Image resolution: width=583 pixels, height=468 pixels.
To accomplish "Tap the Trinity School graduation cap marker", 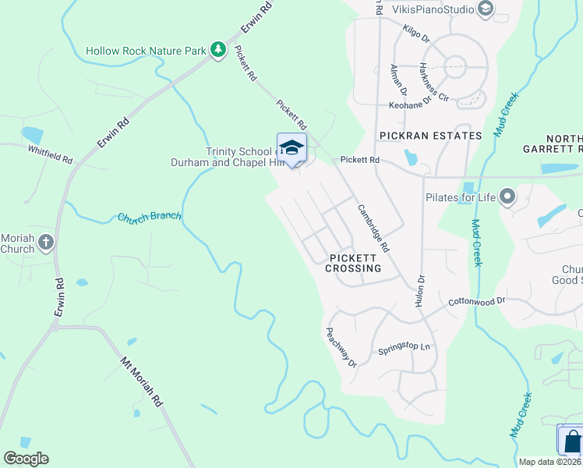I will point(291,147).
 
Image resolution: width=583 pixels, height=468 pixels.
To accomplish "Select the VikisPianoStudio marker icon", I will point(486,9).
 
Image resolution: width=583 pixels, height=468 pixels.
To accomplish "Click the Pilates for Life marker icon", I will point(508,197).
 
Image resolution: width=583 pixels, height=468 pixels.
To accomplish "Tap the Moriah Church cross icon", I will point(46,242).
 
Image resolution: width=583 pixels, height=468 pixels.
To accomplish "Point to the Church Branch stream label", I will point(150,217).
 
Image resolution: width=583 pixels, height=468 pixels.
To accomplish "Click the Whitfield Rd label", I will point(50,154).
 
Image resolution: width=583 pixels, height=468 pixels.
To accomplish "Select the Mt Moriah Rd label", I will point(141,381).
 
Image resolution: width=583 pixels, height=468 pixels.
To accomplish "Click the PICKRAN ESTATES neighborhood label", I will point(430,136).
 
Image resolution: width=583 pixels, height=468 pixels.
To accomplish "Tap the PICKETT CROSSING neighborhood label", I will point(355,262).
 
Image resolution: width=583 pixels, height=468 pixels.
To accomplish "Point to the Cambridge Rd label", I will point(373,227).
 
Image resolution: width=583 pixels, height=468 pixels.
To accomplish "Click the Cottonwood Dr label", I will point(477,300).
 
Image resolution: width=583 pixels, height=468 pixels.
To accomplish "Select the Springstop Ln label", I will point(404,349).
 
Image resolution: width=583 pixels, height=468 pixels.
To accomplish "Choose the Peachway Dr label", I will point(341,347).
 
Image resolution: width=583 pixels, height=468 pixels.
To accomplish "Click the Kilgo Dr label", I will point(416,31).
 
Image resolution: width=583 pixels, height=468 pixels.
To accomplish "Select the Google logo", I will point(26,459).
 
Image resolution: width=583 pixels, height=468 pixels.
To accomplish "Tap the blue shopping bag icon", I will point(571,441).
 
